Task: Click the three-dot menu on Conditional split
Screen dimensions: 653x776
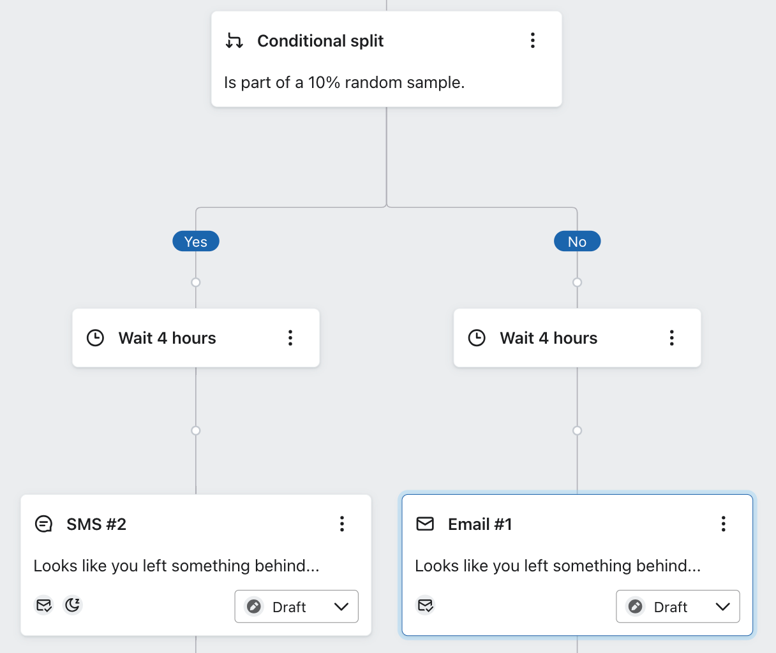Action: click(532, 41)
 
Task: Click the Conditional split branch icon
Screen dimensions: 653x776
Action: click(234, 41)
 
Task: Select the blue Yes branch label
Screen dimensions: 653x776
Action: click(196, 242)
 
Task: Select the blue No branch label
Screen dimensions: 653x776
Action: click(577, 242)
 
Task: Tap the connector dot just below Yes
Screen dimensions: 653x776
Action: click(196, 282)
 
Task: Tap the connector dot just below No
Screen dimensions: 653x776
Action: click(577, 282)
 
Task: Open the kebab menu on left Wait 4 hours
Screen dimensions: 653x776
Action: click(290, 338)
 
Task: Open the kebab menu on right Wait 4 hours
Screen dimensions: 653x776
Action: click(671, 338)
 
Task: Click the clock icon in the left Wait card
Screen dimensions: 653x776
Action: click(95, 338)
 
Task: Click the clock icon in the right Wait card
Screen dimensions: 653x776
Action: click(477, 338)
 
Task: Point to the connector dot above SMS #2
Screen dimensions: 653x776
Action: click(196, 430)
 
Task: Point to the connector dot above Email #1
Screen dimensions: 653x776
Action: click(577, 430)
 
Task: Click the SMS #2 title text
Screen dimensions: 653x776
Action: click(96, 524)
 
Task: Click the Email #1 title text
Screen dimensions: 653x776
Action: click(480, 524)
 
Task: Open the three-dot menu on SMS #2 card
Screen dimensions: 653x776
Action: click(342, 524)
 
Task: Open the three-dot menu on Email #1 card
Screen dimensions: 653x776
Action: click(723, 524)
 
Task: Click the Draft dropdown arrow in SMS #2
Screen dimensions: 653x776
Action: click(341, 606)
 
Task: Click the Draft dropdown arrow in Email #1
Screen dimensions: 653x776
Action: click(722, 606)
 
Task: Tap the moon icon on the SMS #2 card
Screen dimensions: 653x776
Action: click(73, 605)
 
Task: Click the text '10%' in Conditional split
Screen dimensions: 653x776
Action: click(324, 83)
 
